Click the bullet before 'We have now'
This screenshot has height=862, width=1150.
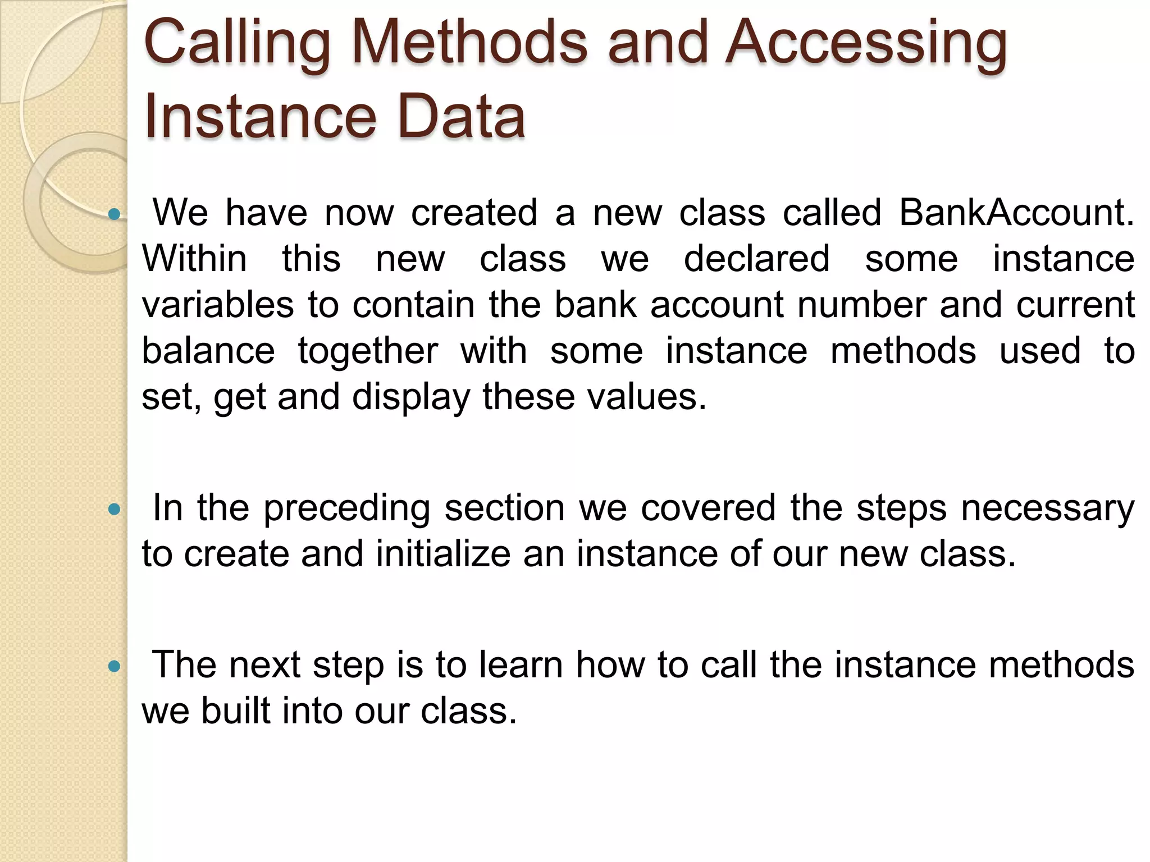115,214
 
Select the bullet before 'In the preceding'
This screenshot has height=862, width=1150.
115,510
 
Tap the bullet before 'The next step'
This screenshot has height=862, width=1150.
115,666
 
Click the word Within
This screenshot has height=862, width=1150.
194,259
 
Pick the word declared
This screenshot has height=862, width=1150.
756,259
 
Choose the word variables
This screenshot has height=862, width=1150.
218,305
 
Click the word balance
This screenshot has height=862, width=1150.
208,351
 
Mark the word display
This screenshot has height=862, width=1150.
410,397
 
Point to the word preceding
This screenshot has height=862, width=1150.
346,508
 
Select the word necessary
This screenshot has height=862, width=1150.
1047,508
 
